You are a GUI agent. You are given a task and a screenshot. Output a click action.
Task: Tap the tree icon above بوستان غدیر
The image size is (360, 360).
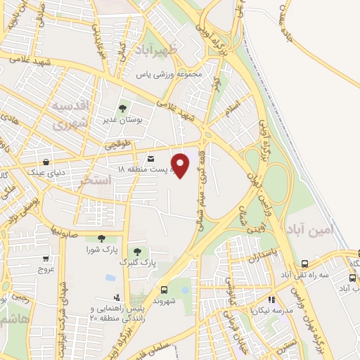click(x=123, y=109)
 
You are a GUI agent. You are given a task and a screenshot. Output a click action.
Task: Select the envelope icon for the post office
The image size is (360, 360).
click(x=153, y=149)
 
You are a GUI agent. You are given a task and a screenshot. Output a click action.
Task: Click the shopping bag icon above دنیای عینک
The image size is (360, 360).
click(x=46, y=161)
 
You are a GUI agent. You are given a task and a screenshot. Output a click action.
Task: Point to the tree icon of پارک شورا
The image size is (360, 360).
click(x=102, y=239)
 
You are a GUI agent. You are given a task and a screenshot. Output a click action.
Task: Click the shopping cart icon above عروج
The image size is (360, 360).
click(x=46, y=259)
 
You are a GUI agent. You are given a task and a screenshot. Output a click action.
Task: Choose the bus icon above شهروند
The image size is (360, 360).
click(x=165, y=289)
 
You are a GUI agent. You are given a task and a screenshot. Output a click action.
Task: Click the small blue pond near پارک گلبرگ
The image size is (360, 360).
click(x=111, y=277)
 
